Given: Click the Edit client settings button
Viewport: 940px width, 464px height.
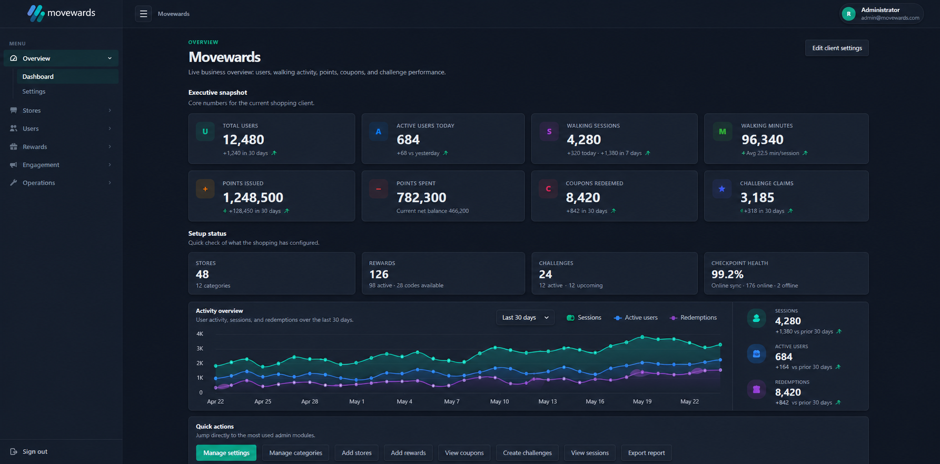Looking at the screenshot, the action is tap(837, 48).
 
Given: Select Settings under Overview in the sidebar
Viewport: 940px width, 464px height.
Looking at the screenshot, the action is tap(34, 92).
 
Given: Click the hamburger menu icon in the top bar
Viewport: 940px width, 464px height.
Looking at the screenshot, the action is tap(143, 14).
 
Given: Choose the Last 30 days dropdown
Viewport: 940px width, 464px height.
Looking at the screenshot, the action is tap(525, 318).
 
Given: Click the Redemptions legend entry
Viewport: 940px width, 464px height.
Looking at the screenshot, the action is tap(693, 318).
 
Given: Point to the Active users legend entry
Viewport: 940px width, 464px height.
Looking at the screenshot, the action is tap(636, 318).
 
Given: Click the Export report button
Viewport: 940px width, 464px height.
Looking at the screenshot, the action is tap(646, 453).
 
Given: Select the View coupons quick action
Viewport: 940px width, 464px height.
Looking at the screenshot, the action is tap(464, 453).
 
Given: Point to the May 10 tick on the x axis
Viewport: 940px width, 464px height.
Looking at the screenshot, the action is tap(499, 401).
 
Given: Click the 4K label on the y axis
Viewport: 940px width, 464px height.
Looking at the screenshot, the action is tap(200, 334).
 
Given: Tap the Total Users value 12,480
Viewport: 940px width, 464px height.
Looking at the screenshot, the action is tap(243, 140).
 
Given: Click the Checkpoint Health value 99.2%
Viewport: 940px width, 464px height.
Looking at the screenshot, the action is tap(727, 274).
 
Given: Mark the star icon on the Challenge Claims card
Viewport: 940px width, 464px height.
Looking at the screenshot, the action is tap(722, 189).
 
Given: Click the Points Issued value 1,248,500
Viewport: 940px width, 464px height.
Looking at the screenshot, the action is tap(253, 198).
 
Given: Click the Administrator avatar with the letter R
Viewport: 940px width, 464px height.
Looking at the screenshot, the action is tap(848, 14).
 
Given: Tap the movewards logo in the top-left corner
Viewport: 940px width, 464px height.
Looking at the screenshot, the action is tap(61, 13).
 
